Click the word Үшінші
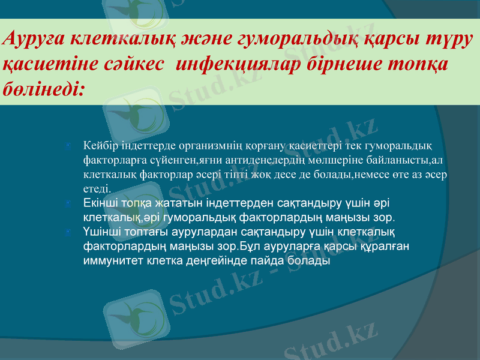pyautogui.click(x=102, y=232)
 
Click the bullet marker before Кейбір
pyautogui.click(x=71, y=146)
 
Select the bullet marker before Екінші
pyautogui.click(x=71, y=204)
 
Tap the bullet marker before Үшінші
pyautogui.click(x=71, y=233)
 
